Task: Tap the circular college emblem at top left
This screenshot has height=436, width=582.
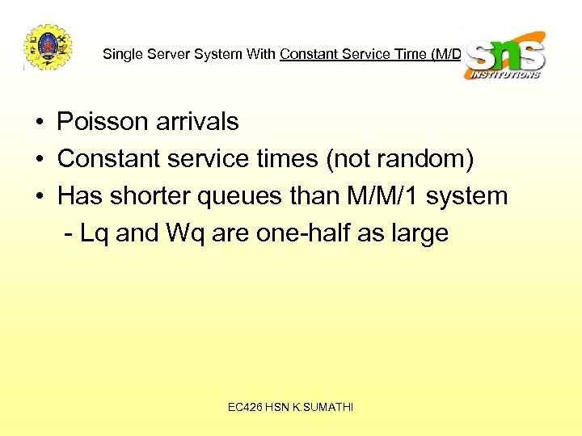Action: coord(47,48)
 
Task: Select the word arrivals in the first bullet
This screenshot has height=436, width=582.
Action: coord(200,122)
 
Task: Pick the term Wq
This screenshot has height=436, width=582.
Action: coord(184,233)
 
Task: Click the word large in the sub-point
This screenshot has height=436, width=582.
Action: coord(417,233)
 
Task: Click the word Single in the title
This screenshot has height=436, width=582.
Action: coord(120,55)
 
